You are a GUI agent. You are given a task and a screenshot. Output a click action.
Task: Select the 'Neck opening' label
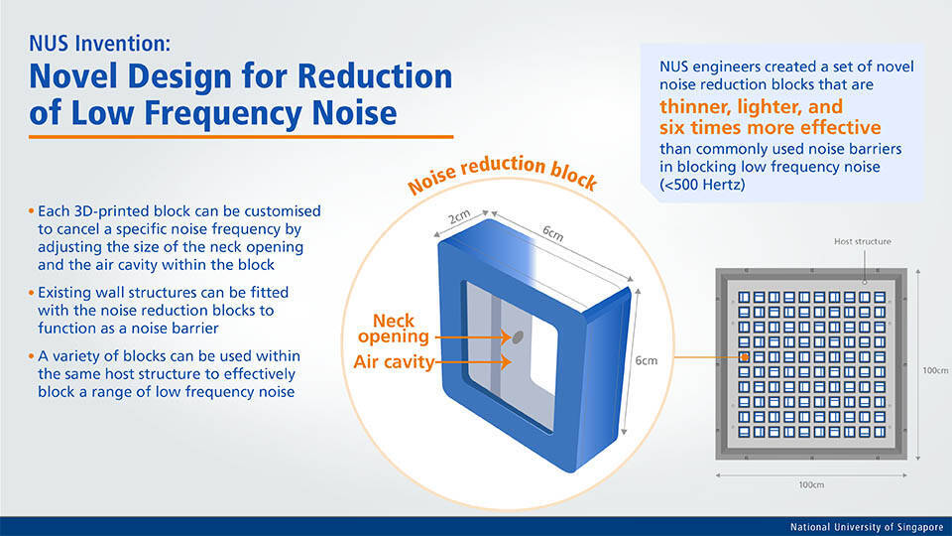click(401, 330)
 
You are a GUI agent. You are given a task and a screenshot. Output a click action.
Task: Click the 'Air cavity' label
click(394, 362)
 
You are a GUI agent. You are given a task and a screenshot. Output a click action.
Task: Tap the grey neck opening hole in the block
click(517, 337)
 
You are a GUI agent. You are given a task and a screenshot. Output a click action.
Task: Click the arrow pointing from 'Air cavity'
click(472, 363)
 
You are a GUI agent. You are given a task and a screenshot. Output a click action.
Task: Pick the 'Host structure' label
click(862, 241)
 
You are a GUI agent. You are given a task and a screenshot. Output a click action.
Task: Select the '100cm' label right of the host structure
click(935, 371)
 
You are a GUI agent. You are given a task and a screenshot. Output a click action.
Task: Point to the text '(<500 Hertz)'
click(707, 186)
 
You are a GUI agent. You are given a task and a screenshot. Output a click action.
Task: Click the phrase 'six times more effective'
click(770, 128)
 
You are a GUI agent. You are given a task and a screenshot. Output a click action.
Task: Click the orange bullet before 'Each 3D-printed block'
click(31, 212)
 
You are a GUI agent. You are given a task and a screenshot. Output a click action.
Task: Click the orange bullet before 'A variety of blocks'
click(31, 355)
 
